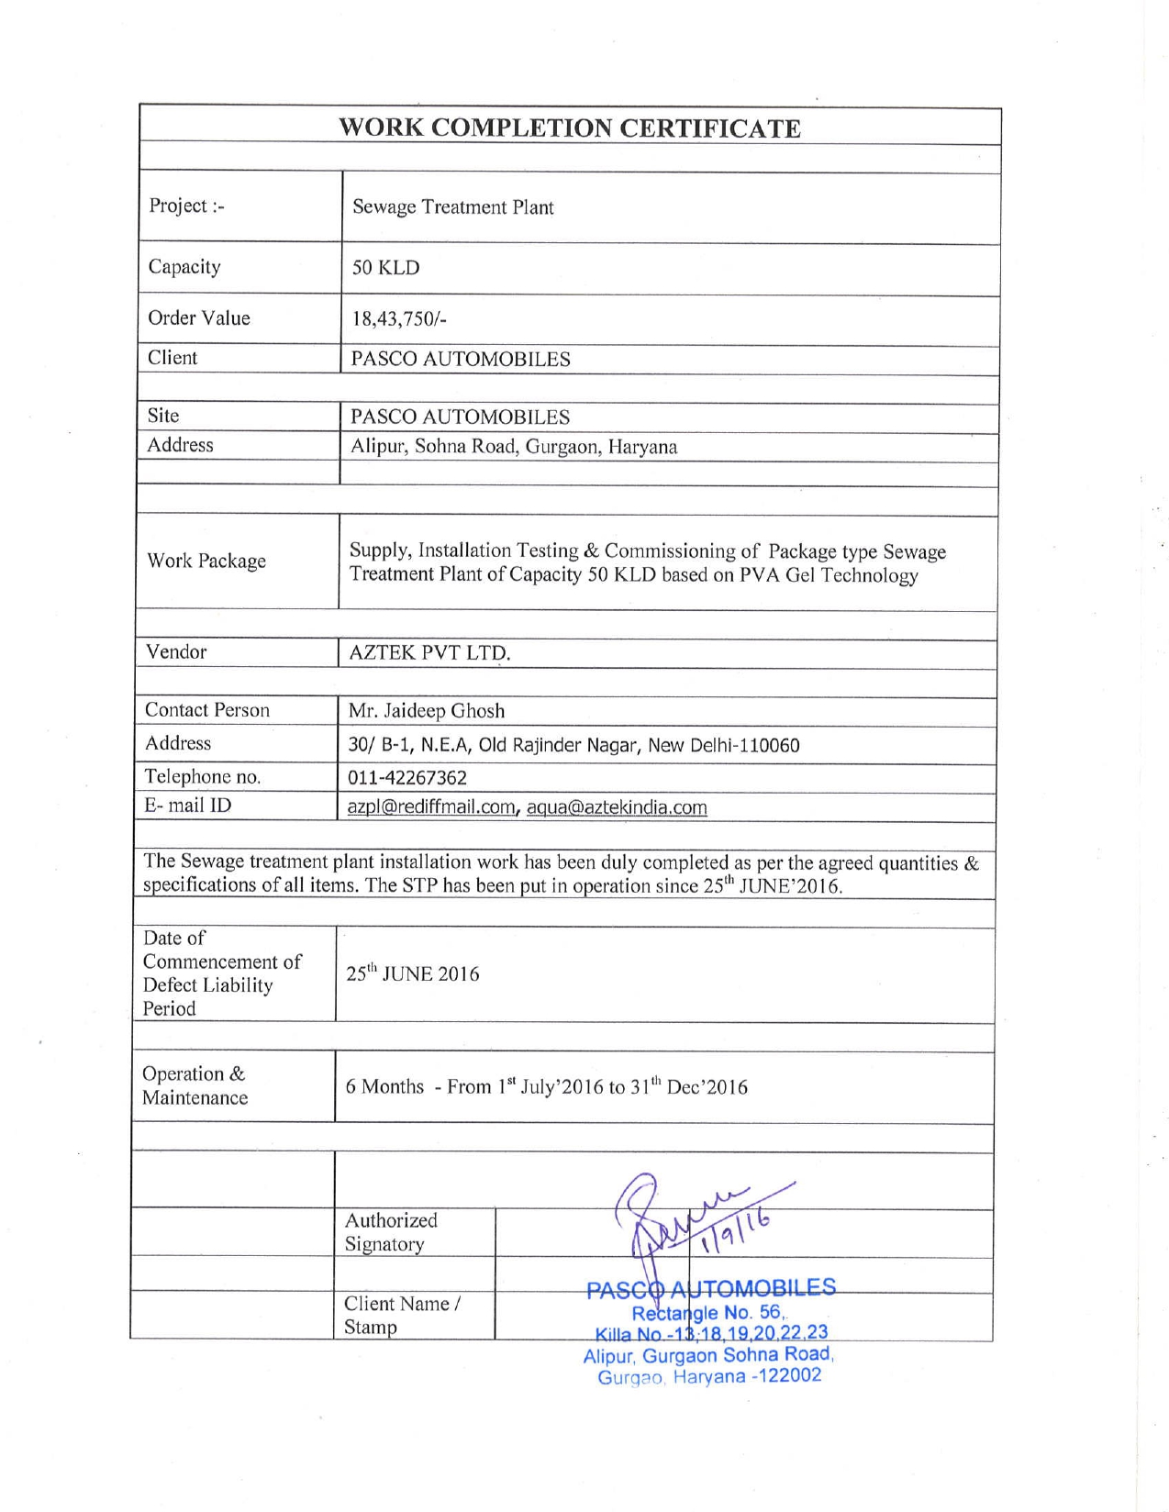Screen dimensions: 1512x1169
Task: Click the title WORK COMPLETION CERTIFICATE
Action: pos(569,128)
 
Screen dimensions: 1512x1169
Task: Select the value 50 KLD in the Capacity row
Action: pos(385,268)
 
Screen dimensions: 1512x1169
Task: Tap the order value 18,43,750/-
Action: pos(399,319)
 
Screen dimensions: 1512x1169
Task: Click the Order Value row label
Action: pos(199,318)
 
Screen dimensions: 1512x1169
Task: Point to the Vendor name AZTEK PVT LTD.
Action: pos(429,653)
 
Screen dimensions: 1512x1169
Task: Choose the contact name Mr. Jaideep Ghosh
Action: pos(427,711)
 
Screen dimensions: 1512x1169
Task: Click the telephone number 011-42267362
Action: pos(406,778)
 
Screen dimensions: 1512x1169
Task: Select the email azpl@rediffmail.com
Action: pos(430,807)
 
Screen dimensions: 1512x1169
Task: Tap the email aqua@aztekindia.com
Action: pos(617,807)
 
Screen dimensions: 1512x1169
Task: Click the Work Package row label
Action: pos(206,561)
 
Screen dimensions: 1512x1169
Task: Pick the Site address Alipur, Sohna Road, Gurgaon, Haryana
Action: pos(514,448)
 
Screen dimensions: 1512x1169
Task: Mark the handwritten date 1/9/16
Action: pos(734,1233)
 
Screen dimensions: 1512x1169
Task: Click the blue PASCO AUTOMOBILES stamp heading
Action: pos(711,1288)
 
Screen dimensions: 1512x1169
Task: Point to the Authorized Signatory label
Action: pos(391,1232)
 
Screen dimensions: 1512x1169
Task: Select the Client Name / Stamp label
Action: pos(402,1315)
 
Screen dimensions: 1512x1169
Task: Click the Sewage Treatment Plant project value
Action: pos(453,207)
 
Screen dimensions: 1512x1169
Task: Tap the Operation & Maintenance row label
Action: pos(195,1085)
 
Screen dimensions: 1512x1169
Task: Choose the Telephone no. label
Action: pos(203,777)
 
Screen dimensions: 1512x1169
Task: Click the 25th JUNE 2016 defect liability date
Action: pos(413,974)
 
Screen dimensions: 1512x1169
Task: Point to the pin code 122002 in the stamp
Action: pos(788,1376)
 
